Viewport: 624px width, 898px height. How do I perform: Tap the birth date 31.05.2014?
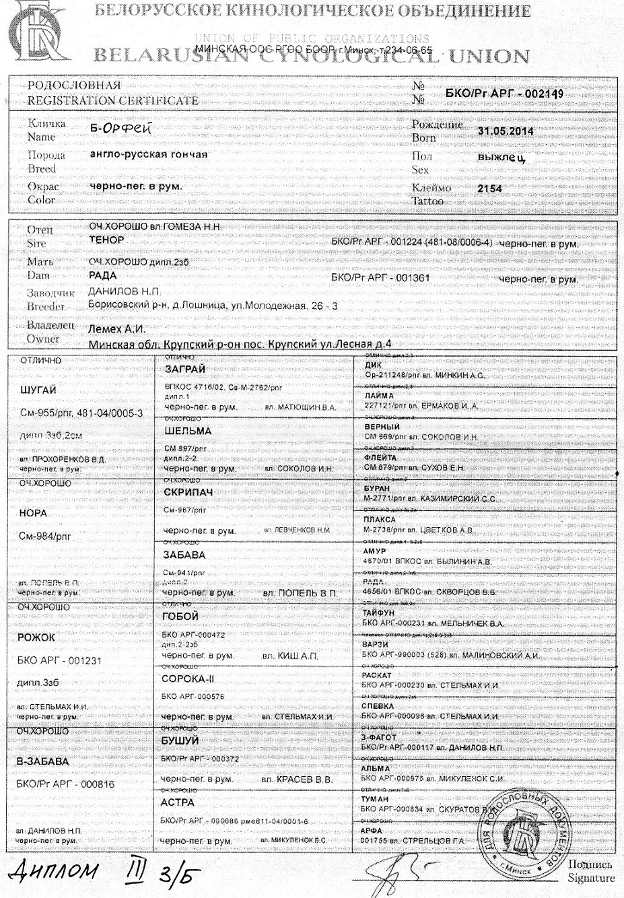pyautogui.click(x=506, y=131)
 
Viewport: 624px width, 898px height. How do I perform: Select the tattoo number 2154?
pyautogui.click(x=489, y=189)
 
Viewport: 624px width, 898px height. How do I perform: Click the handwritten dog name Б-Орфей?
pyautogui.click(x=114, y=129)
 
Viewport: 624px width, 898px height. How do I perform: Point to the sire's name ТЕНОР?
pyautogui.click(x=106, y=240)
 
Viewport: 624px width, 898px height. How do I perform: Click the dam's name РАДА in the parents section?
pyautogui.click(x=102, y=275)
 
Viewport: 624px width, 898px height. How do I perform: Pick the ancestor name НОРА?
pyautogui.click(x=34, y=513)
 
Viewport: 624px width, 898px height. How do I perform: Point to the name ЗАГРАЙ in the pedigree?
pyautogui.click(x=185, y=370)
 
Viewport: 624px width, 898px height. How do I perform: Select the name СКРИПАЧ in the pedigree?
pyautogui.click(x=188, y=493)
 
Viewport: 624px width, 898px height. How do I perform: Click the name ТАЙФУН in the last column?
pyautogui.click(x=380, y=614)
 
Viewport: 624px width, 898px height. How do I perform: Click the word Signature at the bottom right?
pyautogui.click(x=591, y=878)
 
